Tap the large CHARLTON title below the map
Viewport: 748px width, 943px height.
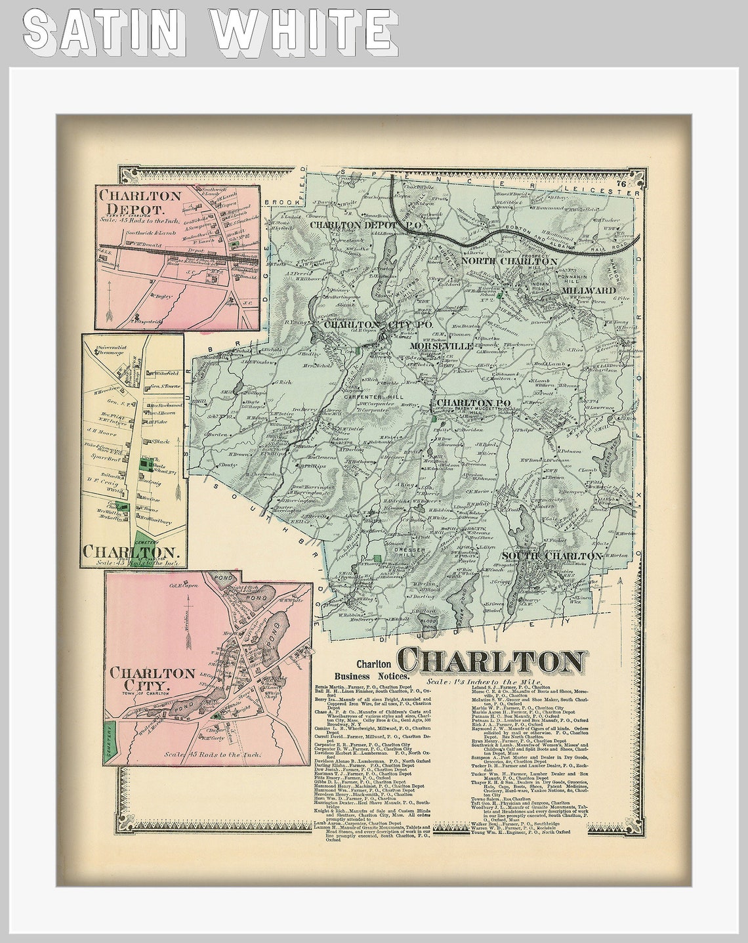click(492, 661)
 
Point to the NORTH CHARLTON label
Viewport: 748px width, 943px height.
click(509, 261)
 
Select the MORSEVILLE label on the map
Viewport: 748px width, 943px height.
click(442, 345)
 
